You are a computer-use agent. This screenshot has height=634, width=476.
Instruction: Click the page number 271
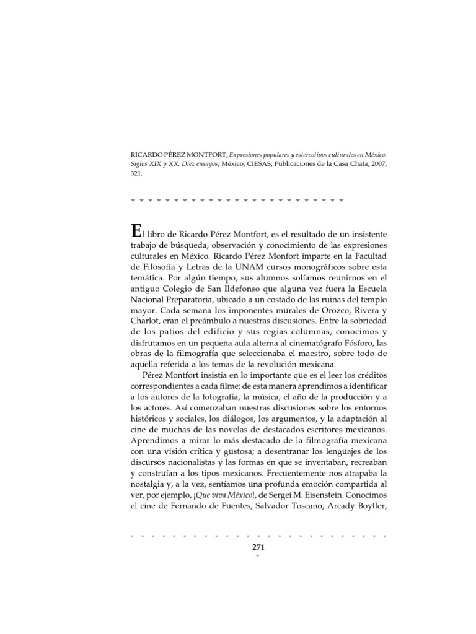click(x=258, y=547)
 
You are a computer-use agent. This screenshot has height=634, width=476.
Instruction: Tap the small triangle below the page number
click(x=258, y=556)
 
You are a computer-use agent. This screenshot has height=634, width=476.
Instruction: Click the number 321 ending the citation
click(x=136, y=174)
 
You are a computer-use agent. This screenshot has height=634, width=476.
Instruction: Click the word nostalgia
click(x=150, y=483)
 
